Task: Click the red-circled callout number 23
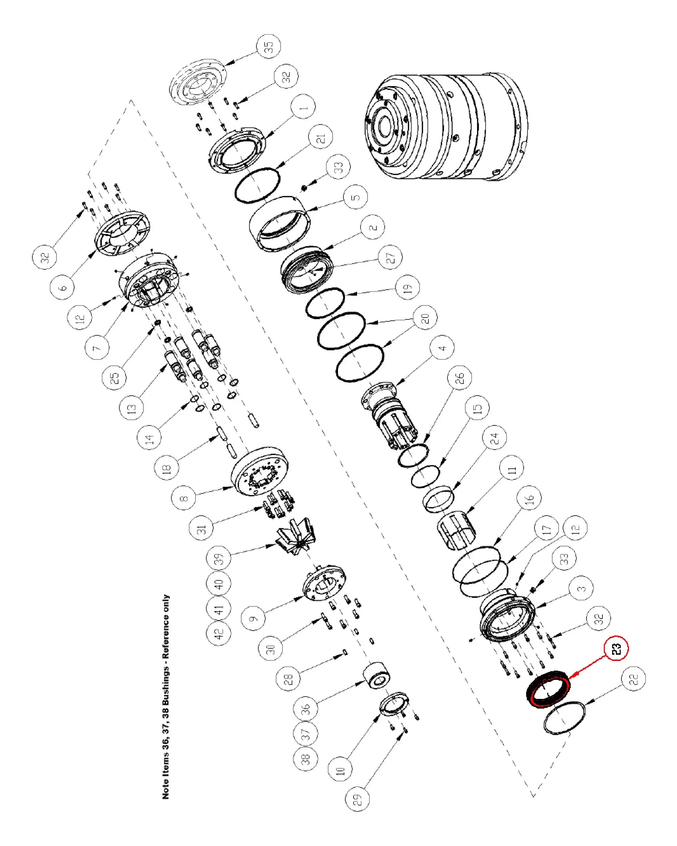[x=616, y=648]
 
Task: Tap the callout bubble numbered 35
[x=269, y=47]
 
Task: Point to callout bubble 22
[x=634, y=679]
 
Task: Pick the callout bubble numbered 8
[x=184, y=498]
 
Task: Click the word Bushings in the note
[x=166, y=684]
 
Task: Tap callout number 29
[x=357, y=799]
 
